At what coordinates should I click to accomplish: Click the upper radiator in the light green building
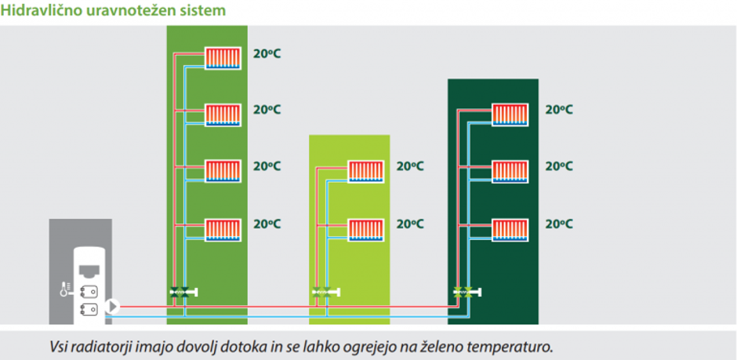click(366, 172)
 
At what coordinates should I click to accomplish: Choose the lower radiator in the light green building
click(366, 229)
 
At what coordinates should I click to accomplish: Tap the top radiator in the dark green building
click(511, 115)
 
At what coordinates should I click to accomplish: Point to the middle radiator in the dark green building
click(511, 172)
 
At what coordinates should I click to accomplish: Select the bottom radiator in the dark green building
click(511, 229)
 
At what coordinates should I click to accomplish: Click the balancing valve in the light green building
click(325, 293)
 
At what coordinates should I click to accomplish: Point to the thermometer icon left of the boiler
click(64, 289)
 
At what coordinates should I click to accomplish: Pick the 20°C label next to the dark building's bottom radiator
click(559, 224)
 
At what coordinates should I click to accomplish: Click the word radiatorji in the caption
click(100, 346)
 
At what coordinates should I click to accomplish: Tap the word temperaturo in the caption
click(515, 346)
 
